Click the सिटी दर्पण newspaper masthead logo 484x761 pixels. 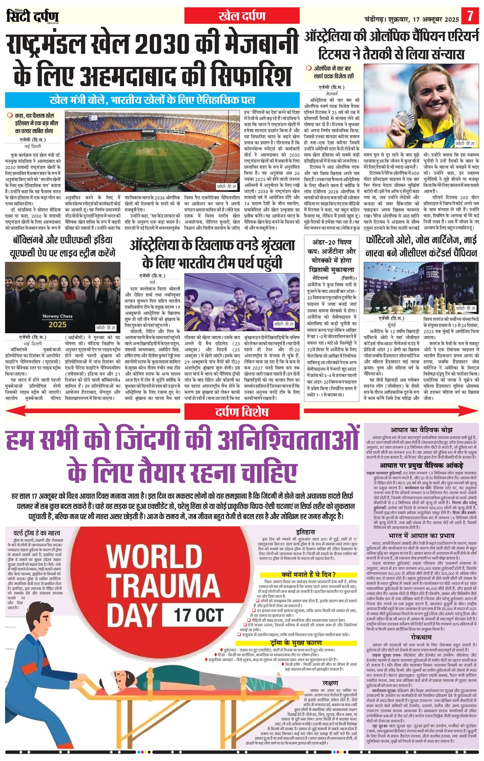[32, 16]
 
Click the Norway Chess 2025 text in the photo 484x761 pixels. [57, 320]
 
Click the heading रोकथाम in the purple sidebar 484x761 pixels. [421, 637]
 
